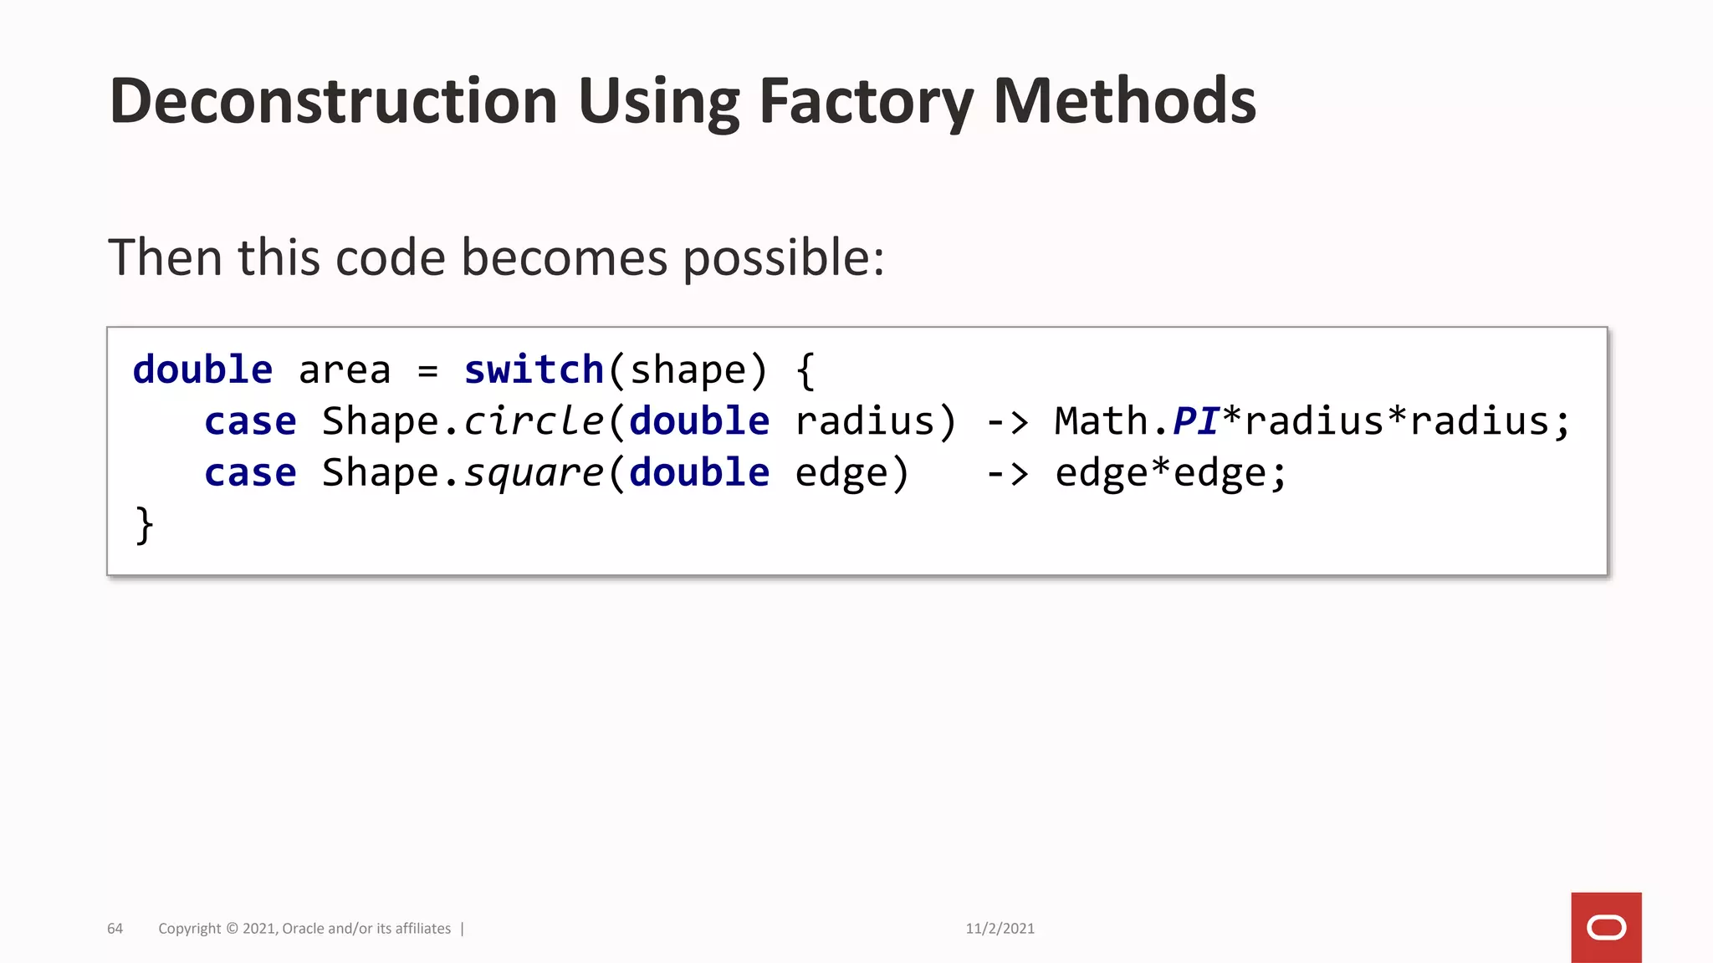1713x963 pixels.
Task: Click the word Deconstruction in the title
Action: point(333,101)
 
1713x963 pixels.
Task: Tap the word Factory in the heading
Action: point(866,101)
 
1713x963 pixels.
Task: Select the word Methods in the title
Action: point(1124,101)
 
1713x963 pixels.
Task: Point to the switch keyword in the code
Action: point(534,369)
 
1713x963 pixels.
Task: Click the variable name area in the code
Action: point(344,369)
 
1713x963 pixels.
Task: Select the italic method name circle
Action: point(533,421)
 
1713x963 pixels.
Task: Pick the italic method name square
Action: point(533,473)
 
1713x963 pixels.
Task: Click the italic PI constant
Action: point(1195,421)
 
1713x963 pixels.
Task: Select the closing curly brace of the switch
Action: point(144,525)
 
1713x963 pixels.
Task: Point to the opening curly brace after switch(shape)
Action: point(805,370)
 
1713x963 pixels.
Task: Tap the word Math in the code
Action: point(1101,421)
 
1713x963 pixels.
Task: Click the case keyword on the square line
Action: point(250,473)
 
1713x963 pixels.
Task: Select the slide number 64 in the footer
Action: point(115,929)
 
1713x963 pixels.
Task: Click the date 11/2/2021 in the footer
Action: point(1000,929)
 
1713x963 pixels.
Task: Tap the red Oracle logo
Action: point(1606,927)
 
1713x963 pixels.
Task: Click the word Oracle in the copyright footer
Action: point(303,929)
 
